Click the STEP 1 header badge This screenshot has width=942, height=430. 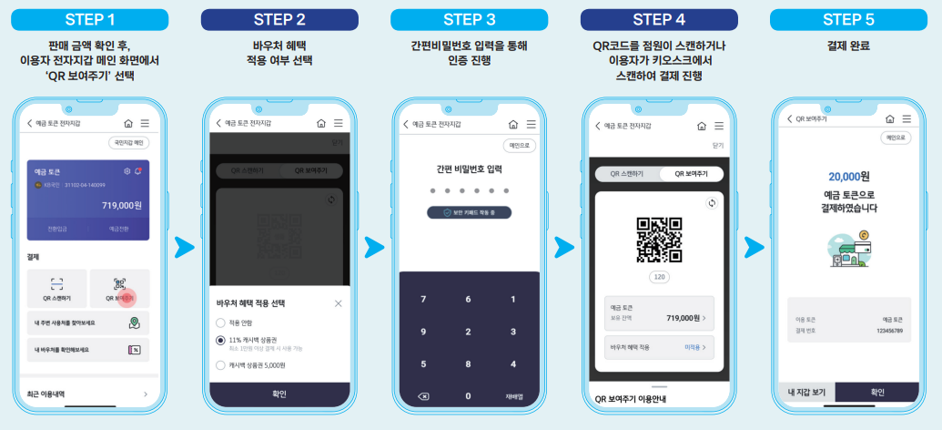[x=90, y=19]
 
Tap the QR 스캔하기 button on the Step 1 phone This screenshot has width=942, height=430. [x=56, y=288]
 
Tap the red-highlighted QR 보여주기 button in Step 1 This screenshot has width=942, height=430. [x=120, y=288]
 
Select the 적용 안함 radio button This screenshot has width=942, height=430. [x=220, y=322]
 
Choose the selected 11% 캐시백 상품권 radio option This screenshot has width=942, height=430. [x=220, y=340]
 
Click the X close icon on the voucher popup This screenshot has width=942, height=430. [x=339, y=303]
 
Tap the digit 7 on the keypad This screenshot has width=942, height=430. [x=422, y=300]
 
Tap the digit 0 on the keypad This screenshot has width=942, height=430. [x=468, y=396]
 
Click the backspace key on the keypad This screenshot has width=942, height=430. [x=422, y=396]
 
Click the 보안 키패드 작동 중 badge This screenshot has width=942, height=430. [x=469, y=212]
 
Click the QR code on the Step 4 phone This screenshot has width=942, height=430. [x=659, y=240]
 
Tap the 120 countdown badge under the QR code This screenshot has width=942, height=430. [x=659, y=276]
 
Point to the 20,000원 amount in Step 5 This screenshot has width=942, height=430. [x=849, y=176]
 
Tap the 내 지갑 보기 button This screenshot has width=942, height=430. [x=806, y=393]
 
